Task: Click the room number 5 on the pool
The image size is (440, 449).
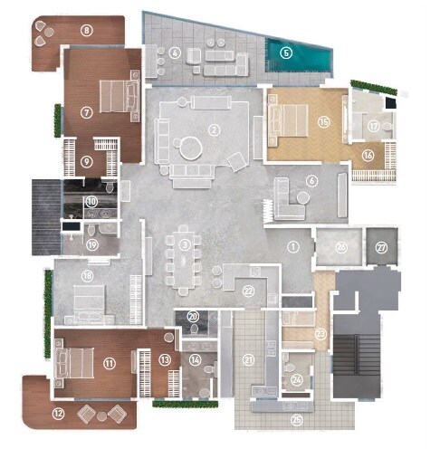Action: [x=286, y=53]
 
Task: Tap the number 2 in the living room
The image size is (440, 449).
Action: [x=214, y=129]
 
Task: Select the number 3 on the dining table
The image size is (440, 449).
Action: [x=184, y=244]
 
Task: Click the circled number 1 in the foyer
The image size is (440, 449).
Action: [x=292, y=245]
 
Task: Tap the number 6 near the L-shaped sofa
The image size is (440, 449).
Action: [x=311, y=179]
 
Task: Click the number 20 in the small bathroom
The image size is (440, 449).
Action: [x=194, y=316]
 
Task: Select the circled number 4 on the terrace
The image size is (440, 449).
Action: [x=174, y=52]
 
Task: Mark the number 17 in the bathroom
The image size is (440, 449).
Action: [x=373, y=128]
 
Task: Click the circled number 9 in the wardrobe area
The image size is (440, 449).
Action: [x=87, y=162]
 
